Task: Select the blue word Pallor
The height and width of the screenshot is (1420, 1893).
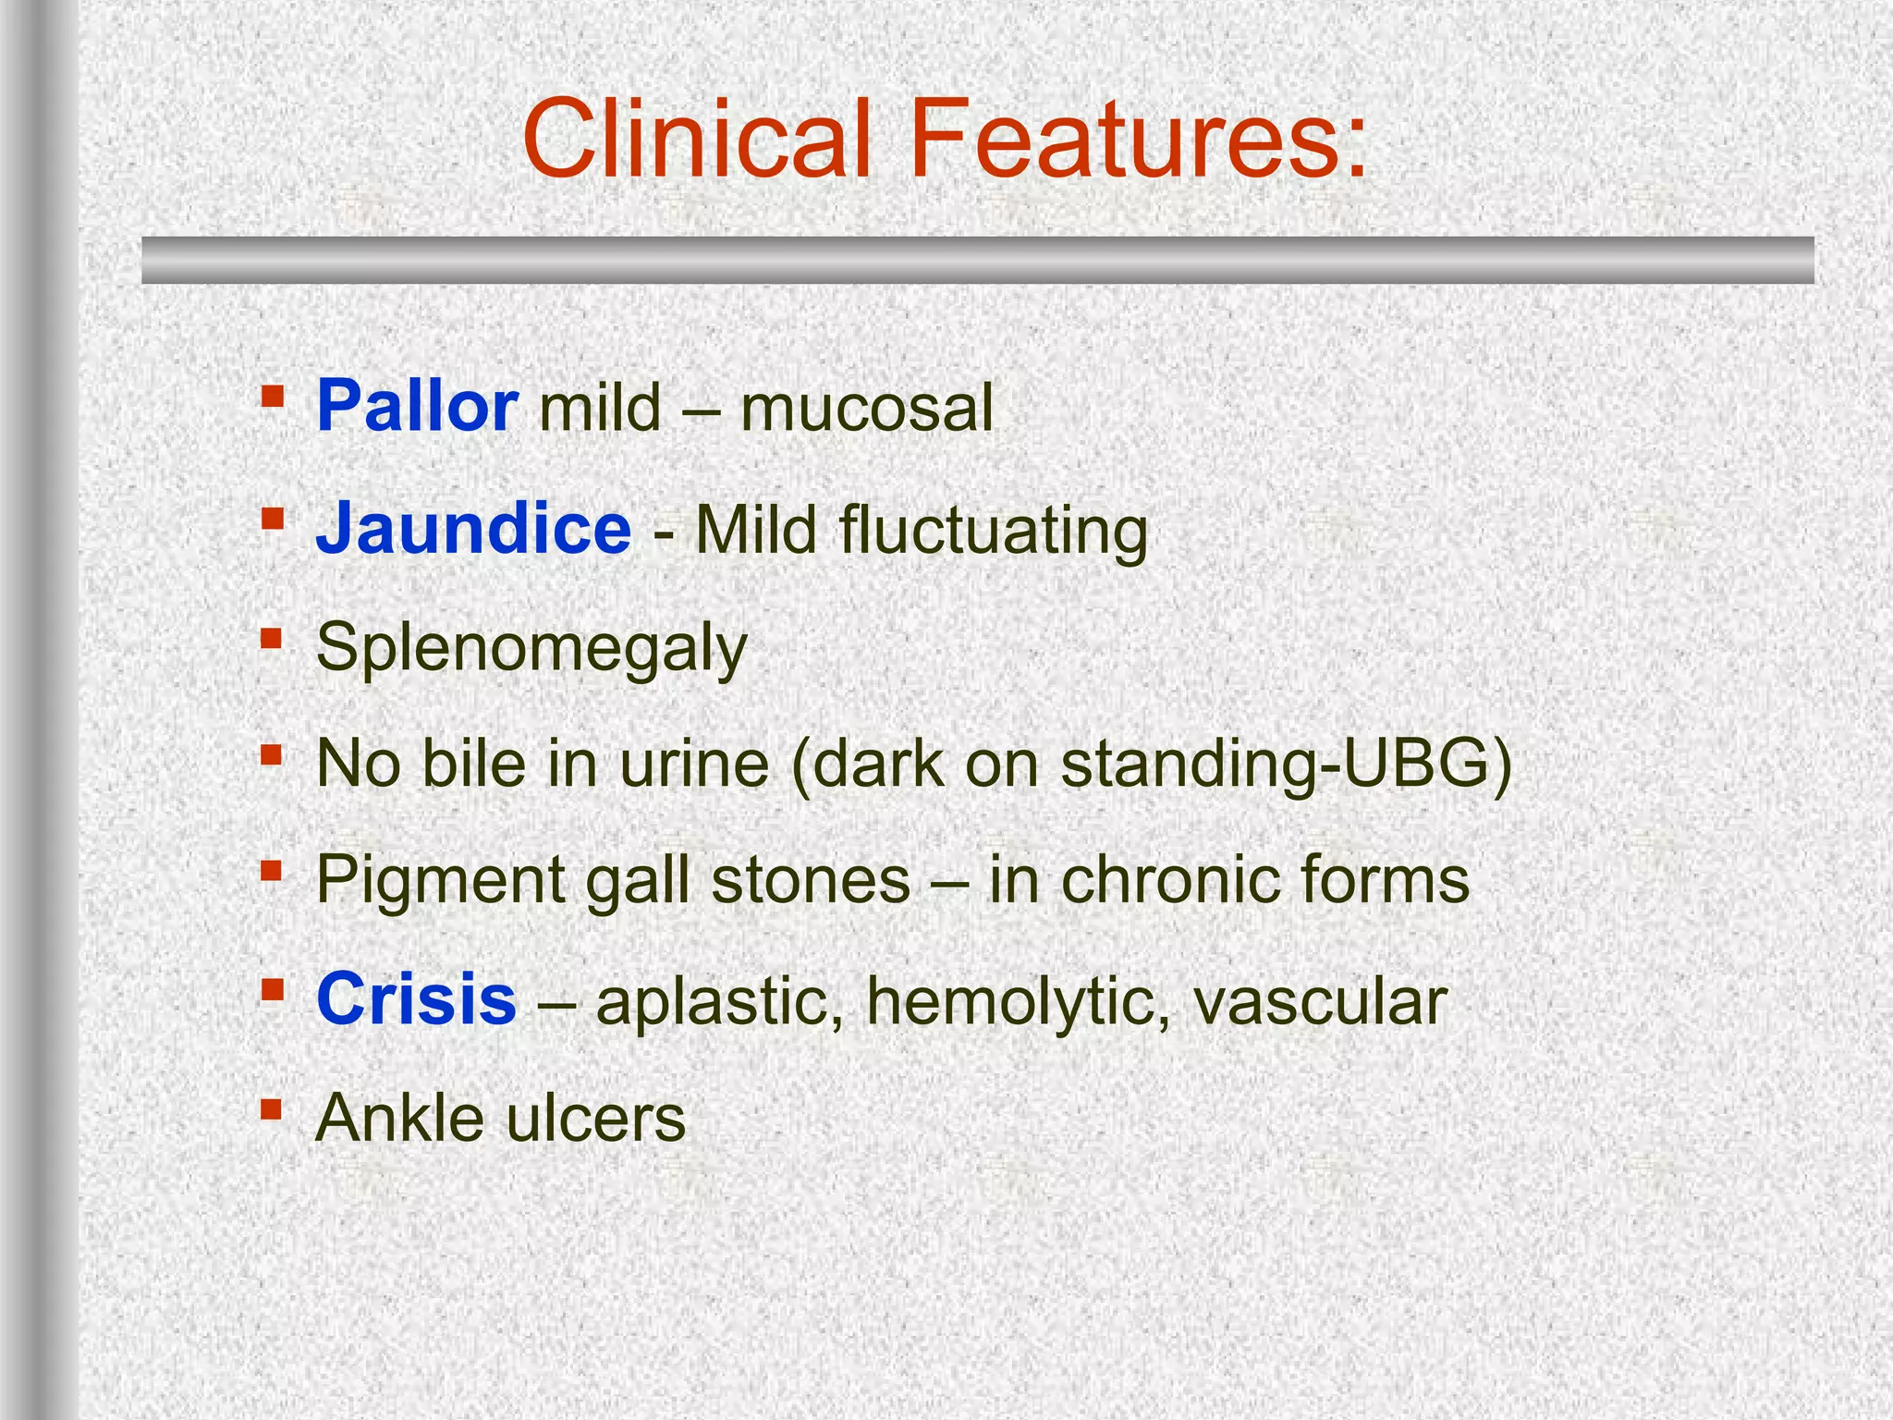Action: pos(417,407)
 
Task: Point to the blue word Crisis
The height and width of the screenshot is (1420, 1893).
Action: pos(416,999)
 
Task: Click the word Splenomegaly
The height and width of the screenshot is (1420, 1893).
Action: pos(531,649)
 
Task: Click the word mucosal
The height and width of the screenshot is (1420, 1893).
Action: pos(867,408)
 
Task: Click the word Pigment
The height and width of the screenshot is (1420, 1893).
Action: pos(440,882)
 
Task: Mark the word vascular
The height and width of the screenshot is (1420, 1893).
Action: pos(1320,1002)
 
